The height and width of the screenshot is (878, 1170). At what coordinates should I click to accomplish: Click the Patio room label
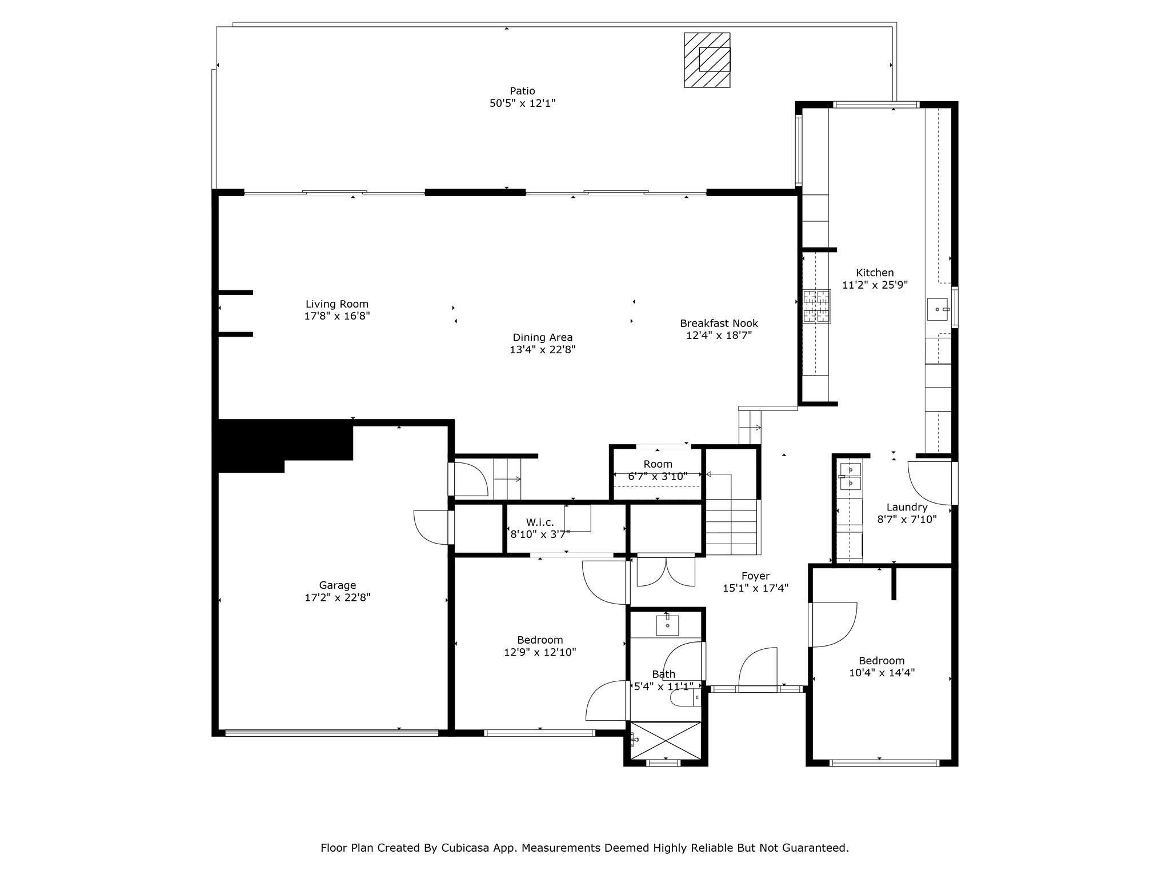click(x=522, y=91)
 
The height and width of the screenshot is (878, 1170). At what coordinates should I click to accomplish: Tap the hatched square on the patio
click(x=707, y=60)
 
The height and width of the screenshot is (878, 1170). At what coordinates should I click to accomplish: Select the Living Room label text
click(x=337, y=304)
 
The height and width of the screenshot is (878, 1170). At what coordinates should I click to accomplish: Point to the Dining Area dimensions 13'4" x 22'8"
click(x=543, y=350)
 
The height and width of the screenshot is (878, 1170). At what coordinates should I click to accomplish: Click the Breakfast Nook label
click(x=719, y=323)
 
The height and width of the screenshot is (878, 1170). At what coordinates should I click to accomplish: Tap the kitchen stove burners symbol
click(x=817, y=307)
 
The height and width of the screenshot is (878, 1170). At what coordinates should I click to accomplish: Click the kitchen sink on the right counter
click(x=937, y=309)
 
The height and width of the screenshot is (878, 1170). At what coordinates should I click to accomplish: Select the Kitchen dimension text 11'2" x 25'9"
click(x=875, y=285)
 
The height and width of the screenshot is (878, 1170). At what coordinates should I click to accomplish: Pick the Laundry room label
click(x=907, y=507)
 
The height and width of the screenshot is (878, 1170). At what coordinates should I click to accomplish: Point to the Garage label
click(x=337, y=585)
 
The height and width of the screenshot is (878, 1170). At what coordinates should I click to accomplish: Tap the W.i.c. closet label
click(x=540, y=522)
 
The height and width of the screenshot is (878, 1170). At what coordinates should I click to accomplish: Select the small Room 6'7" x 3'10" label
click(x=658, y=470)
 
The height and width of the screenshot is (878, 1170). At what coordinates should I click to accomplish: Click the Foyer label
click(x=755, y=576)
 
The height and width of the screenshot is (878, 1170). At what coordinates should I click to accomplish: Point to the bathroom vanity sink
click(x=667, y=625)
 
